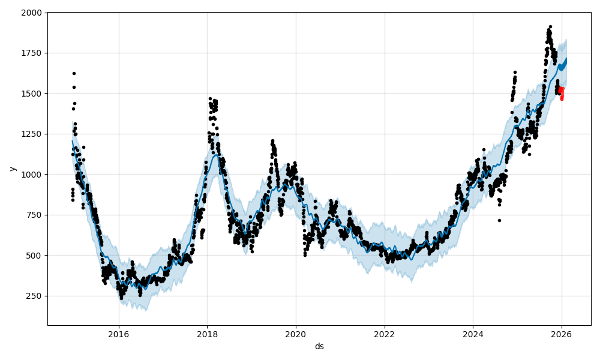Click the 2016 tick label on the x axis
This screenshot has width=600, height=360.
[x=119, y=334]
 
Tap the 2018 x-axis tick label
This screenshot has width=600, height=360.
[x=207, y=334]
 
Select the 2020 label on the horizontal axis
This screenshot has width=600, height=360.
[x=296, y=334]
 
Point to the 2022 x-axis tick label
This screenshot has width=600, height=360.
[x=384, y=334]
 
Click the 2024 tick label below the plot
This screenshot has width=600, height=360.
[x=473, y=334]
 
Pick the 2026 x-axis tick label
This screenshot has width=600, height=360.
[x=562, y=334]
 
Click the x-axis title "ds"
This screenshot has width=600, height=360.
[x=319, y=346]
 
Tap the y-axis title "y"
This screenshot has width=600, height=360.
[x=11, y=169]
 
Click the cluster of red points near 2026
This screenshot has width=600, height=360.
[x=562, y=93]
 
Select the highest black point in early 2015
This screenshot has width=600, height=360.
[x=74, y=73]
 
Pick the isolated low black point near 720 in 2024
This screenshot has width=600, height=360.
[x=499, y=220]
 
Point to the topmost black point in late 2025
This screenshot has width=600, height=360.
[x=550, y=27]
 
